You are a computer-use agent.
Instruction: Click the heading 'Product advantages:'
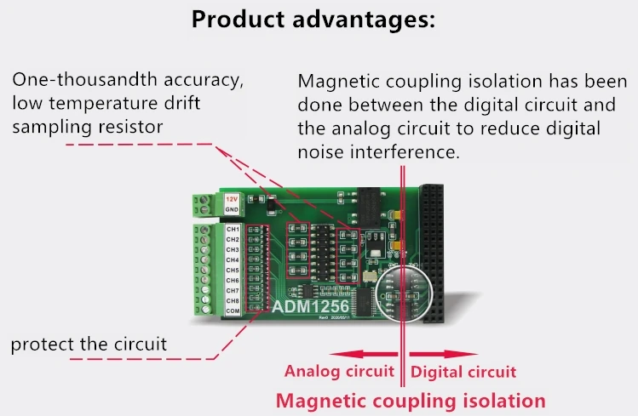click(x=319, y=20)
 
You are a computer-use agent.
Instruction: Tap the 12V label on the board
click(x=232, y=198)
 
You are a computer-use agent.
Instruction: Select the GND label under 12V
click(x=232, y=208)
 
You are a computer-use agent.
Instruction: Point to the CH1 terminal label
click(x=233, y=230)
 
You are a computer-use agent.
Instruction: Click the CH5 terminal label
click(x=233, y=271)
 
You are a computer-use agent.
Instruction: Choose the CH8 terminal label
click(x=233, y=301)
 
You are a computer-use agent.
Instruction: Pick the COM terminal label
click(x=233, y=311)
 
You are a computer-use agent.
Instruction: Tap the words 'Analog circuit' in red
click(x=339, y=372)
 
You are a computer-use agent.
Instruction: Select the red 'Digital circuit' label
click(x=463, y=372)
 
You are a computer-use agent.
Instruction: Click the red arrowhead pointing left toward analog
click(x=336, y=352)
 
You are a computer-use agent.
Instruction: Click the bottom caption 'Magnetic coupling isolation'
click(x=411, y=400)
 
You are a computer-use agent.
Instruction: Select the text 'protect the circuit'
click(x=89, y=344)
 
